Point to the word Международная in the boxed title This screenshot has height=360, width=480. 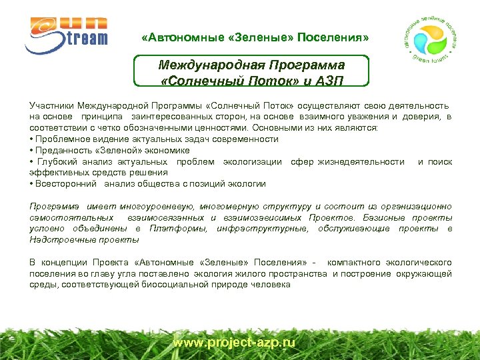coord(211,65)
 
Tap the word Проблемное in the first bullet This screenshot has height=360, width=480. coord(63,139)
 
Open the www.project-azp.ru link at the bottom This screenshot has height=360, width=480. coord(233,343)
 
